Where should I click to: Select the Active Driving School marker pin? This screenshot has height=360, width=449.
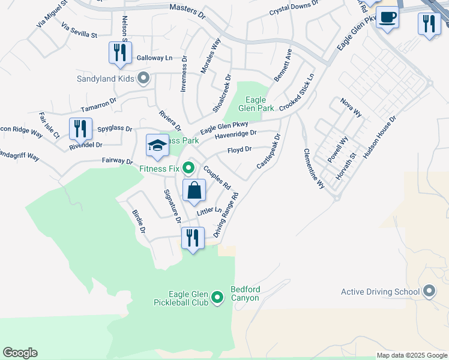coord(429,292)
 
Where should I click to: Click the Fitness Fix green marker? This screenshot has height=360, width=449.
coord(188,167)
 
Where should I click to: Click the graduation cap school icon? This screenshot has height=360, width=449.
coord(157,146)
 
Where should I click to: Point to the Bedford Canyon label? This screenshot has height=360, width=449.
coord(245,294)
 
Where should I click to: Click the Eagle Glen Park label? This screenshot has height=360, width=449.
coord(260,104)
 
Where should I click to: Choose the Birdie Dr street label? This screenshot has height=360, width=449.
coord(137,221)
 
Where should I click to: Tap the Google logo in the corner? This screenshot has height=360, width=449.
coord(20,353)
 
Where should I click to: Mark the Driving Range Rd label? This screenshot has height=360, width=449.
coord(226,214)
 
